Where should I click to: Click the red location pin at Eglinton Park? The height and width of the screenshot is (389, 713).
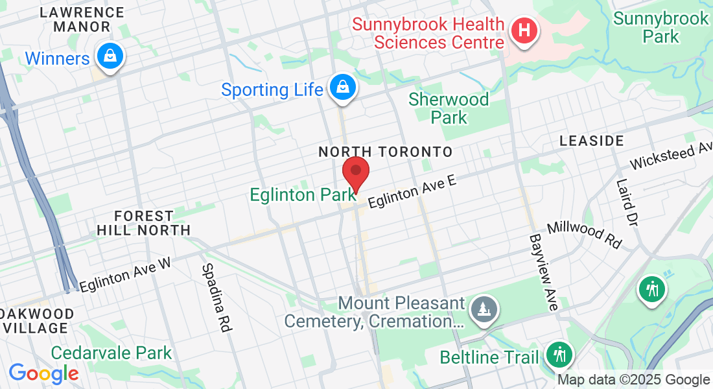point(355,172)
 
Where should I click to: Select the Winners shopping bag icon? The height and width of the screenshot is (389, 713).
point(110,56)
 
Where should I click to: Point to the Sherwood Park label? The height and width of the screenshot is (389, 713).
point(449,108)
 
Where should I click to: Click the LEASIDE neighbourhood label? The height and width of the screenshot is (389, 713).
point(591,141)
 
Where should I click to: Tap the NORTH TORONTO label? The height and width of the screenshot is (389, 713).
point(385,152)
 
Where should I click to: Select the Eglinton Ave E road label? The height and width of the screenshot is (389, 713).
point(412,191)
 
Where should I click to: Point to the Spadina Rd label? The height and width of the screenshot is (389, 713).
point(216,298)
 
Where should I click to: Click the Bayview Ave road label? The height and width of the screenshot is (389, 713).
point(543,272)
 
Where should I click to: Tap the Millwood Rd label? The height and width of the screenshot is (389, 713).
point(584,235)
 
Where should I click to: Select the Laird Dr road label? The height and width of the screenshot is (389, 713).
point(627,202)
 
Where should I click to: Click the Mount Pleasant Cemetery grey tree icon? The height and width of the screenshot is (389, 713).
point(483,309)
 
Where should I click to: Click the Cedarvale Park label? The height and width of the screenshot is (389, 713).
point(111,353)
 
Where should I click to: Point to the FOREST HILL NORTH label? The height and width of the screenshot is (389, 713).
point(143,223)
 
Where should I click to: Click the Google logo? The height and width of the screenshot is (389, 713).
point(43,373)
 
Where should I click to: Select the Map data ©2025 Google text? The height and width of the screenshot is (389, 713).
point(633,380)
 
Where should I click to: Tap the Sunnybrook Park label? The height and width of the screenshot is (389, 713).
point(660,27)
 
